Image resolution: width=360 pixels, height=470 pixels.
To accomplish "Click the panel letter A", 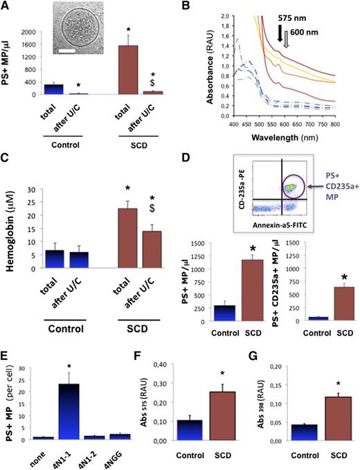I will coord(6,7).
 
